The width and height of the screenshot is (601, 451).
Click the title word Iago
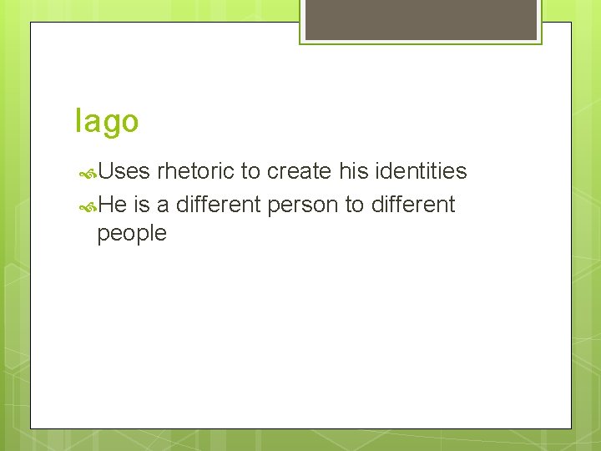107,122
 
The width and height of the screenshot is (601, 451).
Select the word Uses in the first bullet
124,171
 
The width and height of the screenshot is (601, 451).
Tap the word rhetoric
196,171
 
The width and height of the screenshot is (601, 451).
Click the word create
300,171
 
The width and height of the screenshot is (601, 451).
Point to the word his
354,171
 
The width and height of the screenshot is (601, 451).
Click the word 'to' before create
250,171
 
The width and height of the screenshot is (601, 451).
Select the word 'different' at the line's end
412,205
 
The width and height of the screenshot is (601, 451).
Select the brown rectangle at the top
421,19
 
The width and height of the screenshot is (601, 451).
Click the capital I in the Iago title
78,121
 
